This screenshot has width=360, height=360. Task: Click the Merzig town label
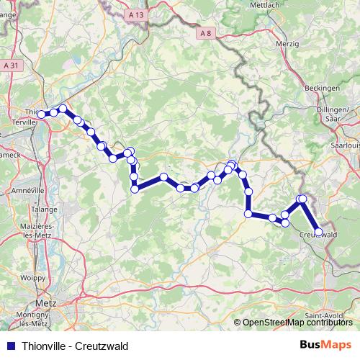287,44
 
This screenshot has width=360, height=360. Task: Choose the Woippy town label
34,276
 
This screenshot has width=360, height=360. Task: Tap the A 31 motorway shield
10,66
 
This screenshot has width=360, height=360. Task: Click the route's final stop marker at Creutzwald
318,231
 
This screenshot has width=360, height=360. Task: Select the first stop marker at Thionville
42,114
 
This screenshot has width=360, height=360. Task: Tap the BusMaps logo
325,343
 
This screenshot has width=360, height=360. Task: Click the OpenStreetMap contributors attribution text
297,323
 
